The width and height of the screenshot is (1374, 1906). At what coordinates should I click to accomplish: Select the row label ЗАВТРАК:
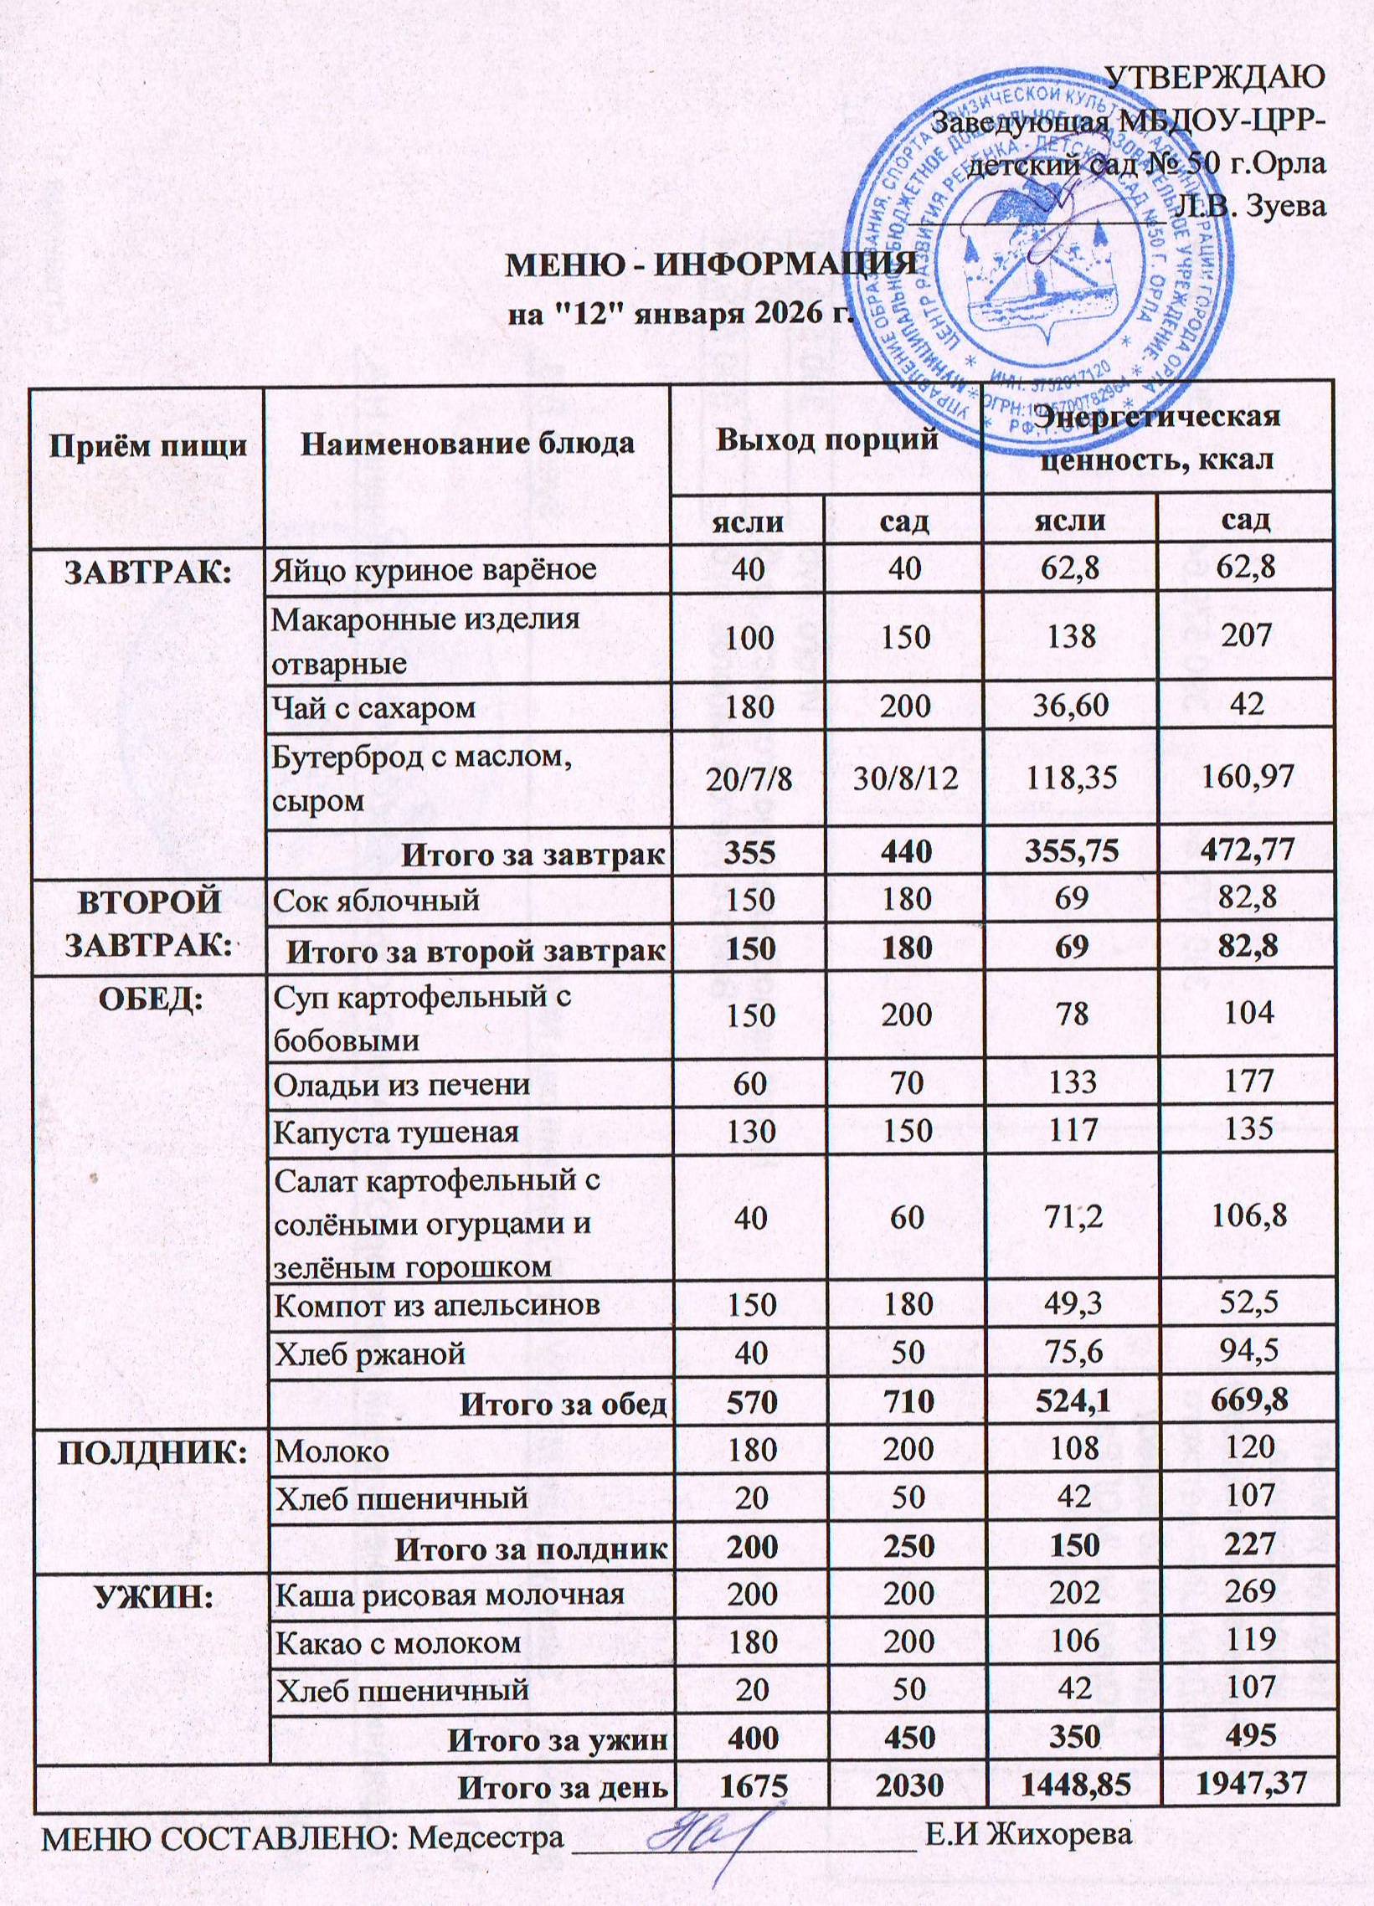(x=148, y=571)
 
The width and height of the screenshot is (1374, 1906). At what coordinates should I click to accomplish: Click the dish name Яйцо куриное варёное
(x=434, y=570)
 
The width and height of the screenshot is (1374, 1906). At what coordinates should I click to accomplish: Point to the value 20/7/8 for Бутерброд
(x=748, y=778)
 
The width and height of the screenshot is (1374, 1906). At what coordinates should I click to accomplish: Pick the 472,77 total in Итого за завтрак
(x=1244, y=853)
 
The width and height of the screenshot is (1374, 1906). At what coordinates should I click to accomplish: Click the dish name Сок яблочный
(x=377, y=900)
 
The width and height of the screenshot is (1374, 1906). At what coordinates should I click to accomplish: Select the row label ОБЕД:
(x=148, y=998)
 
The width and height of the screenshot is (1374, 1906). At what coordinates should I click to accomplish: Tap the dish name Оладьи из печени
(x=402, y=1085)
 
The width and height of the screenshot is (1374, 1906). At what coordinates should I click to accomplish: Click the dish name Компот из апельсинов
(x=438, y=1304)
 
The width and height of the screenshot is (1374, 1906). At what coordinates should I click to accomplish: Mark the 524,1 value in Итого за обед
(x=1070, y=1401)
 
